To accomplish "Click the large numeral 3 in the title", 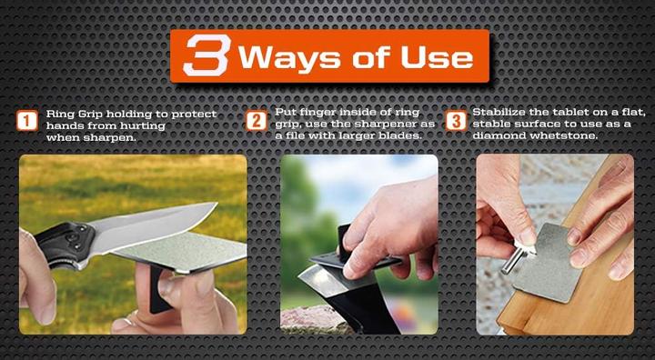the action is click(x=207, y=55).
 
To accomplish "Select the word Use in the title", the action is click(x=437, y=57).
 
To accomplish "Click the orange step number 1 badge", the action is click(x=27, y=121).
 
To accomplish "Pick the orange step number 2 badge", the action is click(x=256, y=121).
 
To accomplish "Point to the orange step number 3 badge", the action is click(x=456, y=121).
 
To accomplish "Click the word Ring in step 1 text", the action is click(x=56, y=115).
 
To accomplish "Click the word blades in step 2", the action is click(x=404, y=136).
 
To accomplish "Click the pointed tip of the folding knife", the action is click(x=217, y=204).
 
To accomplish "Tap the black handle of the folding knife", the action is click(x=65, y=245).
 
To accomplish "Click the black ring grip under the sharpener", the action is click(x=158, y=289).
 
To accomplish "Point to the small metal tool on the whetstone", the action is click(x=517, y=257).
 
